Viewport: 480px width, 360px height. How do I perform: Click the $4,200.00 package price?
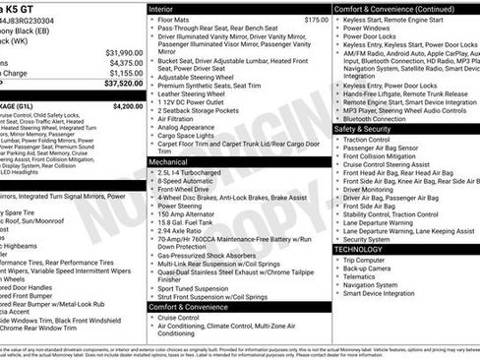point(128,105)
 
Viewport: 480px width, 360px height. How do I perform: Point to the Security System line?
point(367,239)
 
